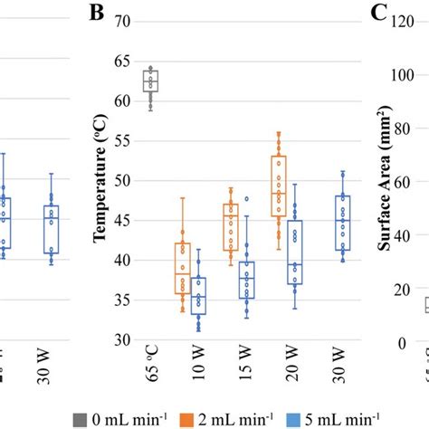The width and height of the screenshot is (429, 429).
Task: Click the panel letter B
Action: coord(98,13)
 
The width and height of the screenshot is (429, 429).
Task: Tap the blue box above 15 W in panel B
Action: coord(246,280)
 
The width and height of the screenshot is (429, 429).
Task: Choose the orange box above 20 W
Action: coord(279,186)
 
